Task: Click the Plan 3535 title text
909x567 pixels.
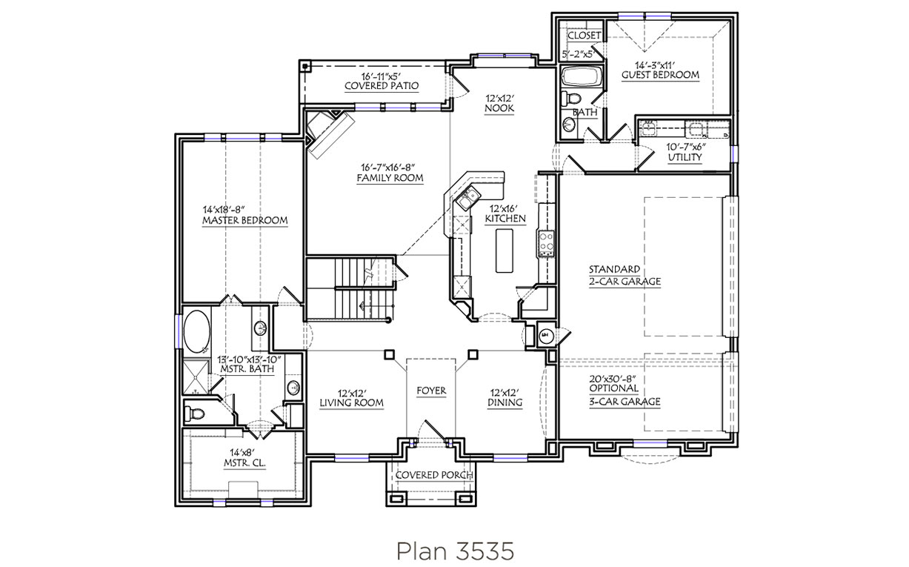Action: pos(455,551)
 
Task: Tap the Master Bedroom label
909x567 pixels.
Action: pos(245,220)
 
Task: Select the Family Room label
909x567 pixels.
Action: pos(390,178)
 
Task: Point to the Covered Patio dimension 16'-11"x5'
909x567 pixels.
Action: pos(382,76)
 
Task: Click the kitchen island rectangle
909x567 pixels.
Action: pos(504,251)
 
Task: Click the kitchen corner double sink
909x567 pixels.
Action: pos(468,199)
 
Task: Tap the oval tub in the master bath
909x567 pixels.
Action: pos(197,332)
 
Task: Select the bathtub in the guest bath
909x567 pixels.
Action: pos(582,76)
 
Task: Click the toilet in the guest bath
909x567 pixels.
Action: pos(572,99)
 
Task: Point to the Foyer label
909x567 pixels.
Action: pos(431,391)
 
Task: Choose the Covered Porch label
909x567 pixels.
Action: pos(434,475)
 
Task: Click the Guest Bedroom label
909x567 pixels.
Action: pos(660,75)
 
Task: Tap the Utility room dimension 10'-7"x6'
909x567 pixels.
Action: pos(686,147)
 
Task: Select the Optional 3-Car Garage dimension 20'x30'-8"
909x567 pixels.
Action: pos(613,379)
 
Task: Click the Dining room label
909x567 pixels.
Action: pos(505,402)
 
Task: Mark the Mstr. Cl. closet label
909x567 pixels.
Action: pos(244,462)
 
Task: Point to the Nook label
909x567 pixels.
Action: pos(499,108)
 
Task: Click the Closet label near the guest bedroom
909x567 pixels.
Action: pos(584,36)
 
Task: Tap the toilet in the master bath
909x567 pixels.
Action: pos(194,414)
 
